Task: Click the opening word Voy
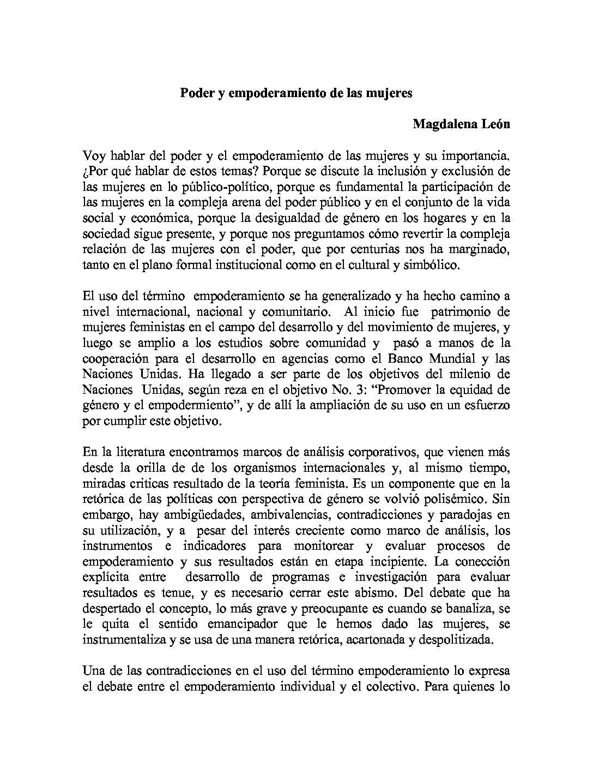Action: pyautogui.click(x=94, y=155)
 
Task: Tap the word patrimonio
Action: pyautogui.click(x=462, y=313)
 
